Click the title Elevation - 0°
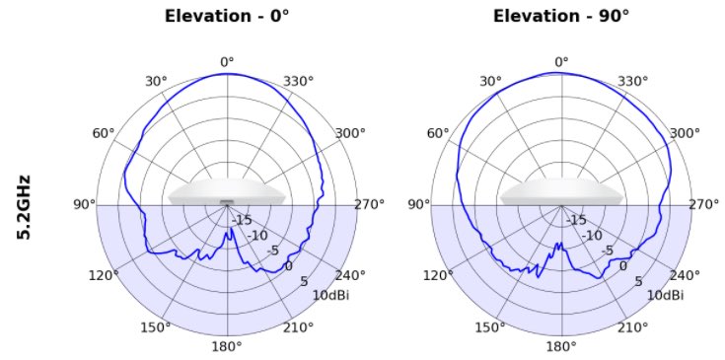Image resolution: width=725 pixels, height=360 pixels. coord(227,16)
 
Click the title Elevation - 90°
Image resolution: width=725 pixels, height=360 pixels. coord(561,16)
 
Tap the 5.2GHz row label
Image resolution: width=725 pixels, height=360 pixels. coord(24,206)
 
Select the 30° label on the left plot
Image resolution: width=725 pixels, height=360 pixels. coord(156,81)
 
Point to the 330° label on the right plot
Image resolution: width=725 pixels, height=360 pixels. coord(633,81)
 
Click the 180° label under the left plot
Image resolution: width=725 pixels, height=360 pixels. coord(227,346)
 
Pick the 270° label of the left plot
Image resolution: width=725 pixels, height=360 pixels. coord(370,204)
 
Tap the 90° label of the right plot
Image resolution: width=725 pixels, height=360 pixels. coord(419,204)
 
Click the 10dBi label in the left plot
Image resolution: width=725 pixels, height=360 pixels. coord(331,295)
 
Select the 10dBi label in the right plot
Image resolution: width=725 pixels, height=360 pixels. coord(666,295)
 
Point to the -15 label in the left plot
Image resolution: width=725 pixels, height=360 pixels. coord(242,220)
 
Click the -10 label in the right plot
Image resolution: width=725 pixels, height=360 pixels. coord(592,236)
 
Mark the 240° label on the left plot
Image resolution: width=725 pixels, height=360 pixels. coord(350,275)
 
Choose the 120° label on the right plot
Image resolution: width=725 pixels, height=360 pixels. coord(438,275)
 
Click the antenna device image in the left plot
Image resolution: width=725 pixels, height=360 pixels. coord(227,191)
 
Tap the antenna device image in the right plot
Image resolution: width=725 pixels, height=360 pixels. coord(561,191)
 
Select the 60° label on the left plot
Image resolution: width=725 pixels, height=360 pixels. coord(104,133)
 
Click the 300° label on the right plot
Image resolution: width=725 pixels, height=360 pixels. coord(685,133)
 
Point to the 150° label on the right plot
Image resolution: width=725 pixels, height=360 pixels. coord(490,327)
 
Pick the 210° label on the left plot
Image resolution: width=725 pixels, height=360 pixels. coord(298,327)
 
